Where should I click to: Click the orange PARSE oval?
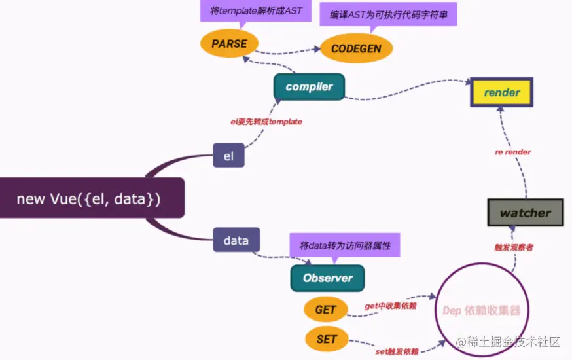pyautogui.click(x=229, y=44)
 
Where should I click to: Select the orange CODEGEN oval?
pyautogui.click(x=357, y=48)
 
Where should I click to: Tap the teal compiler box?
pyautogui.click(x=309, y=87)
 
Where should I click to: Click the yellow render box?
pyautogui.click(x=502, y=92)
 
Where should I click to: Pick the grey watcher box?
pyautogui.click(x=526, y=213)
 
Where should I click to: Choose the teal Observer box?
pyautogui.click(x=327, y=278)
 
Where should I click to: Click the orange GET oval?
pyautogui.click(x=325, y=310)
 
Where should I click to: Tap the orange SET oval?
pyautogui.click(x=326, y=339)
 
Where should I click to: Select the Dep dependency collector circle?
pyautogui.click(x=481, y=310)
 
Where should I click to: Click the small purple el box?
pyautogui.click(x=228, y=156)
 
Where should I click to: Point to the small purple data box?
pyautogui.click(x=236, y=240)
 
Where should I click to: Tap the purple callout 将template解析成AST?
pyautogui.click(x=247, y=10)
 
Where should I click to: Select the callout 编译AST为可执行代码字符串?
pyautogui.click(x=388, y=14)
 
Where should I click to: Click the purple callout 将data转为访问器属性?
pyautogui.click(x=345, y=246)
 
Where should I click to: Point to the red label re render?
pyautogui.click(x=512, y=152)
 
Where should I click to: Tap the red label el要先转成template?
pyautogui.click(x=266, y=122)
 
